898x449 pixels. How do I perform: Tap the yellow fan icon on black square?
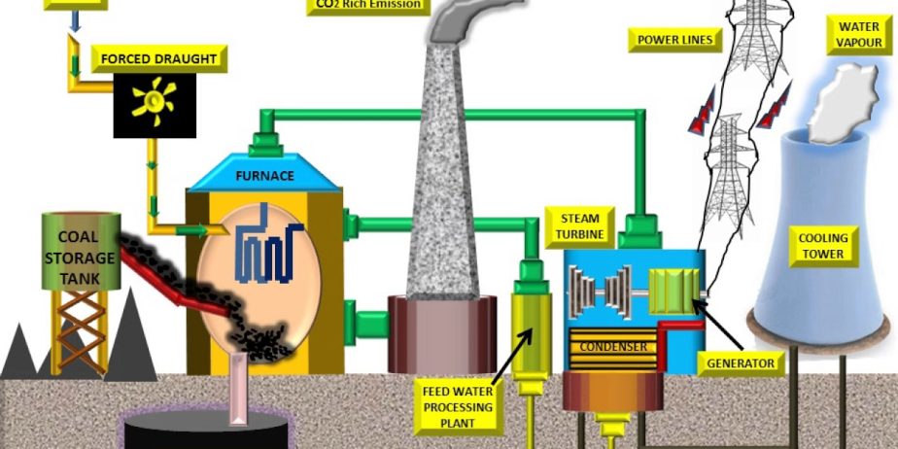click(x=154, y=102)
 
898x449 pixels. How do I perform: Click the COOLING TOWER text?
click(x=822, y=245)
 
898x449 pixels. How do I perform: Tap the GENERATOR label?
click(x=742, y=363)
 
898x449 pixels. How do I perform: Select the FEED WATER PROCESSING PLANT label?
click(x=457, y=407)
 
